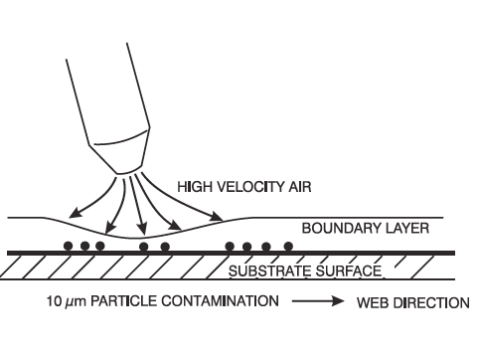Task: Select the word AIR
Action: [x=300, y=187]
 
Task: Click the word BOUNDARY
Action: [x=342, y=229]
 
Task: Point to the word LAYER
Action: [x=407, y=229]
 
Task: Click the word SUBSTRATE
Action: [x=270, y=271]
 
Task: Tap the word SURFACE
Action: [x=349, y=271]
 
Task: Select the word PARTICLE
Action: [x=124, y=301]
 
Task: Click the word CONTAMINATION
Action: [x=220, y=301]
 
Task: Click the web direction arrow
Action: [x=318, y=301]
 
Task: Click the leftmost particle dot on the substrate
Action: [x=69, y=246]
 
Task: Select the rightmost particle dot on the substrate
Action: [x=288, y=247]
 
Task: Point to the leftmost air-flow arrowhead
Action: [x=75, y=213]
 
